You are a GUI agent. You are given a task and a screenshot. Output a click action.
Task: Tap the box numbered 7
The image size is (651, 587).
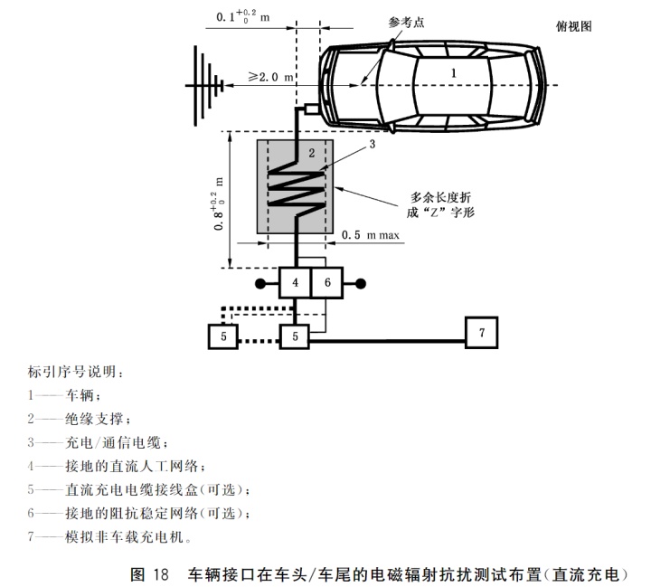(x=482, y=333)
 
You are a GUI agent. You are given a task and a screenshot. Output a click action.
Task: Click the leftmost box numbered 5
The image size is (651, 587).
(x=223, y=336)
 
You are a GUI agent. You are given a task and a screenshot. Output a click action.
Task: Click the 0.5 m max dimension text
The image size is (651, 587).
(x=370, y=235)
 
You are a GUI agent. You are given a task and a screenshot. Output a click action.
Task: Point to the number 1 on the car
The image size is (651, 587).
(x=455, y=69)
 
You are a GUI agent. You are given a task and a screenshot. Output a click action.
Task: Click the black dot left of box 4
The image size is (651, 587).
(x=259, y=283)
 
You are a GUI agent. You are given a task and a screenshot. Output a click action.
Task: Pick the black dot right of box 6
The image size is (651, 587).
(x=363, y=283)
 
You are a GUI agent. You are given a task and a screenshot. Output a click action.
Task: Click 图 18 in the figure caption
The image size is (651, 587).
(x=150, y=573)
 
